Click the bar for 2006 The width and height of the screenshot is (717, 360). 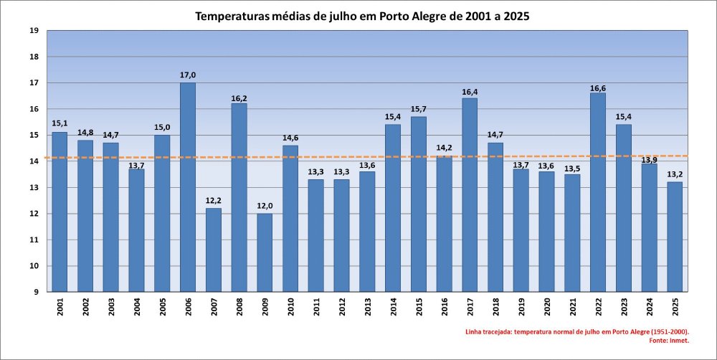[188, 186]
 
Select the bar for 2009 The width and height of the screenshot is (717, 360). [265, 252]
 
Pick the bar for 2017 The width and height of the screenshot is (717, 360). [470, 194]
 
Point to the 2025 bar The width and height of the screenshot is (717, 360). [674, 237]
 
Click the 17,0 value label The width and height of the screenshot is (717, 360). [188, 75]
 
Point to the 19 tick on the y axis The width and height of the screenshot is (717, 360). [34, 31]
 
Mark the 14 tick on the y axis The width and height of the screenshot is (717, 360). [34, 161]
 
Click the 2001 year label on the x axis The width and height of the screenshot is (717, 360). [60, 307]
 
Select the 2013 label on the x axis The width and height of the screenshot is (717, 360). [367, 307]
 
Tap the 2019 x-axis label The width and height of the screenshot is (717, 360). [521, 307]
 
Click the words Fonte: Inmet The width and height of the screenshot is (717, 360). [669, 341]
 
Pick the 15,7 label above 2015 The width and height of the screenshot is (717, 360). [419, 109]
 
